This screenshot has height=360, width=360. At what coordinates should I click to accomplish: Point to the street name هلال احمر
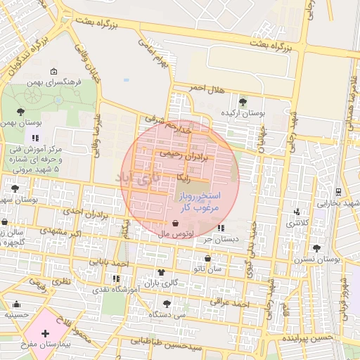click(x=205, y=88)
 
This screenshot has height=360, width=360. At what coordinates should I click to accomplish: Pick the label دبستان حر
click(x=222, y=239)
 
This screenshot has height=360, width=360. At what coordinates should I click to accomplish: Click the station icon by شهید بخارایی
click(x=338, y=191)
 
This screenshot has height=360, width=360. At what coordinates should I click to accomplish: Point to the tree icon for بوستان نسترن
click(x=317, y=248)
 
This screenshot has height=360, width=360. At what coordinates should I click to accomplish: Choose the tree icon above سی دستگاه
click(x=167, y=304)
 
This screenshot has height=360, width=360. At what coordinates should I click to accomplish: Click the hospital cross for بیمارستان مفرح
click(x=46, y=333)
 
